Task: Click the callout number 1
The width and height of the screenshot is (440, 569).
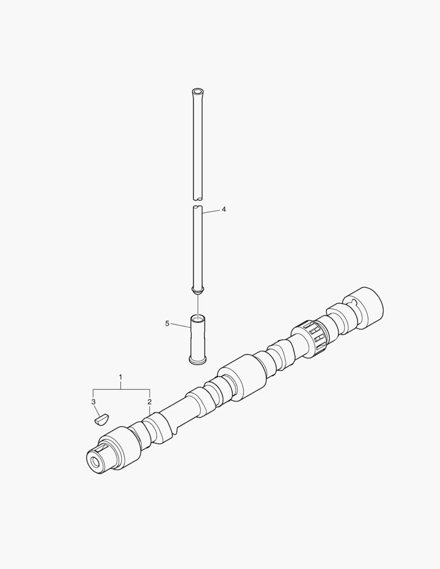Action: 121,377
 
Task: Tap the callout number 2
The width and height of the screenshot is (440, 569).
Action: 150,401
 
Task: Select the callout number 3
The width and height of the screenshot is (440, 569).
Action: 93,401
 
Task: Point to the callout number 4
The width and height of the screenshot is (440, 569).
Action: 224,209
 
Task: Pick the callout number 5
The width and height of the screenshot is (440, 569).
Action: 167,323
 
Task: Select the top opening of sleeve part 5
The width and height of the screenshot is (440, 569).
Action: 198,319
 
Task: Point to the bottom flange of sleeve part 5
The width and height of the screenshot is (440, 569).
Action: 198,360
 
